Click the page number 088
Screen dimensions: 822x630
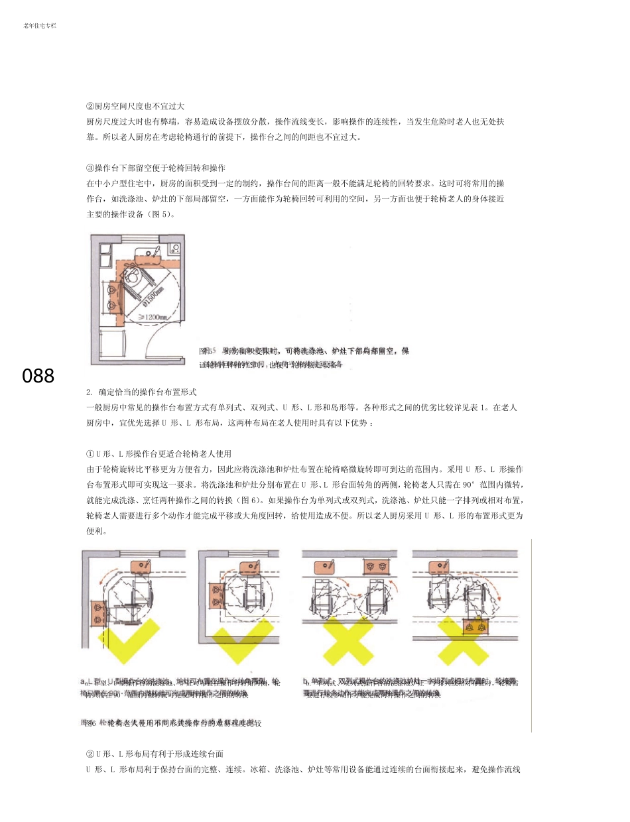tap(38, 376)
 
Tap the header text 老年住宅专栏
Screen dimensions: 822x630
tap(39, 26)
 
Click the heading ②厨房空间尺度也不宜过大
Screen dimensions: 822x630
tap(135, 106)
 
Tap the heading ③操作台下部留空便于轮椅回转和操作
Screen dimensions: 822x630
tap(157, 168)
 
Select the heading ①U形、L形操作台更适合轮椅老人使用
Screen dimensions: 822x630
tap(158, 454)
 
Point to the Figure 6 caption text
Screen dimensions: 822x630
tap(170, 723)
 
